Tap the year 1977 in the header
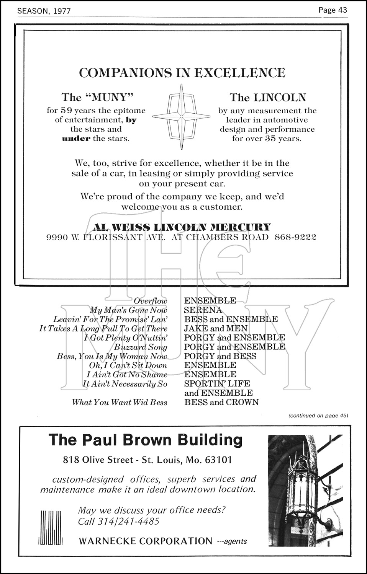click(x=62, y=11)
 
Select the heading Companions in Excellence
click(x=182, y=73)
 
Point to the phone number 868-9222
click(x=295, y=237)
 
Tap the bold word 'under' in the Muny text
click(x=76, y=139)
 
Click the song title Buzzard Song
click(x=141, y=347)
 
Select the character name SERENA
click(x=203, y=310)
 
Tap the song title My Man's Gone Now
click(x=129, y=310)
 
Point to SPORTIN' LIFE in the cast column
click(x=217, y=383)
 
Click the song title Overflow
click(x=151, y=301)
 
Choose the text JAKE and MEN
click(x=216, y=328)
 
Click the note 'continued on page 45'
click(x=318, y=416)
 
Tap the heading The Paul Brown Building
click(x=146, y=440)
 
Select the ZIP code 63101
click(x=218, y=460)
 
